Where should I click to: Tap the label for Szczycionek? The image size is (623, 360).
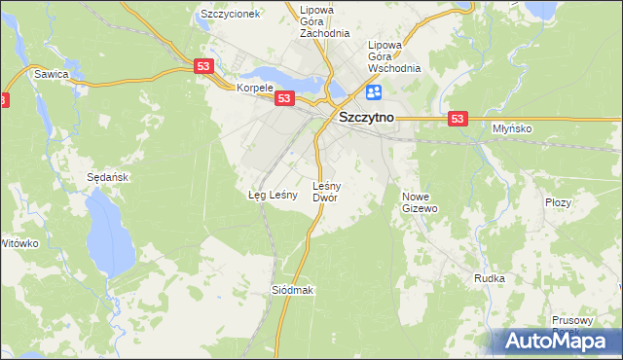pyautogui.click(x=229, y=15)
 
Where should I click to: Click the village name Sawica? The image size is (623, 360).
pyautogui.click(x=51, y=74)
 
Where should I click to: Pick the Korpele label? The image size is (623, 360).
pyautogui.click(x=255, y=88)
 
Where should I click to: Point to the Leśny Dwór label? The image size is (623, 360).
pyautogui.click(x=324, y=191)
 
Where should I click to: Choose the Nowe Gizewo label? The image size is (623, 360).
pyautogui.click(x=421, y=202)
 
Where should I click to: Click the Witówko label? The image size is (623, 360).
pyautogui.click(x=18, y=243)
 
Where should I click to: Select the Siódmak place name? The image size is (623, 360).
pyautogui.click(x=292, y=291)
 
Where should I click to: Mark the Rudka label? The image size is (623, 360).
pyautogui.click(x=489, y=278)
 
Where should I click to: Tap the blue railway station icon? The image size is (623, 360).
pyautogui.click(x=374, y=92)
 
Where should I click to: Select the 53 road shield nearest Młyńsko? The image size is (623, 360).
pyautogui.click(x=459, y=118)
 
